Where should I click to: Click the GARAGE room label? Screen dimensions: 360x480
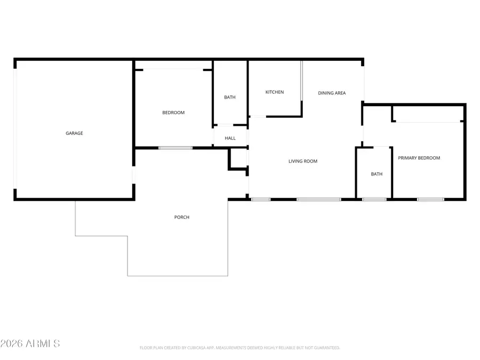[x=74, y=133]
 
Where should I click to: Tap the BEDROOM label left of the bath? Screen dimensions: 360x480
[x=173, y=113]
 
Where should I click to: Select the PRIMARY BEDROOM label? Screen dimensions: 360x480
[x=419, y=158]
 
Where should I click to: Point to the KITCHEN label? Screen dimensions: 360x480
[x=275, y=92]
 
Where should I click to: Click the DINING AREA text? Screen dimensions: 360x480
[x=332, y=93]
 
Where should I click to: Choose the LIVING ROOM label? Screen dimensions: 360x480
[x=303, y=161]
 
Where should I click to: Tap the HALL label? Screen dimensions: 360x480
[x=230, y=138]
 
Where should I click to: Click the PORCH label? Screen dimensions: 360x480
[x=182, y=217]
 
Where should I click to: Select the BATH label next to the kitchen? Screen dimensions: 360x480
[x=230, y=97]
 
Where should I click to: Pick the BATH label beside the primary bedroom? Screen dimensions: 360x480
[x=377, y=174]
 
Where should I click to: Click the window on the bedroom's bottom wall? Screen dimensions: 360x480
[x=175, y=148]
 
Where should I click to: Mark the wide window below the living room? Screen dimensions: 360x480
[x=318, y=199]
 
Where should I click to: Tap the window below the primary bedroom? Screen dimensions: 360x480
[x=430, y=199]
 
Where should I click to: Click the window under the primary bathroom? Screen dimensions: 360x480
[x=374, y=199]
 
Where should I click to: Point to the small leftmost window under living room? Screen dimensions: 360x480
[x=261, y=199]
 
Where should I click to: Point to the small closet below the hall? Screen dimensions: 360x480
[x=239, y=159]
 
